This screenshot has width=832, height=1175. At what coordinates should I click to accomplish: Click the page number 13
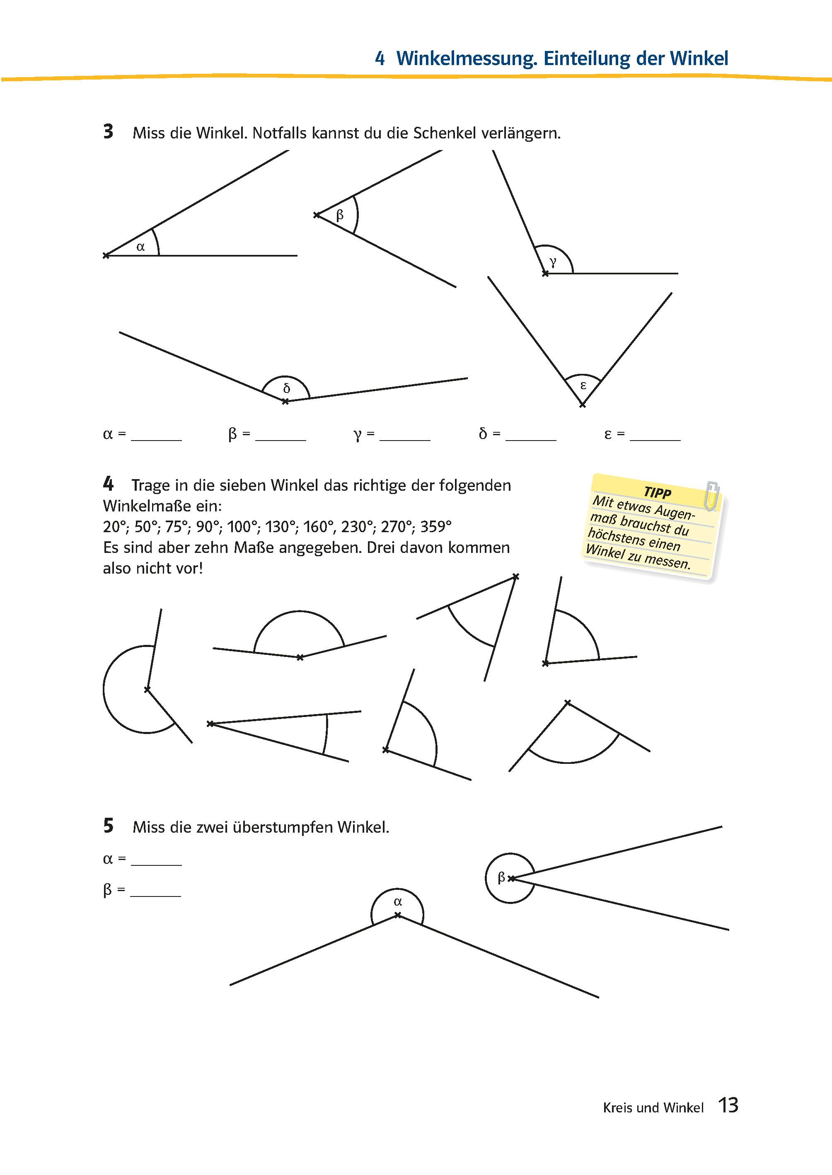point(728,1105)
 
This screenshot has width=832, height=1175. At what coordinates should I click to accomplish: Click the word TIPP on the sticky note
point(657,492)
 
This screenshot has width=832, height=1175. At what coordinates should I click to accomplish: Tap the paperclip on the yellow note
point(711,495)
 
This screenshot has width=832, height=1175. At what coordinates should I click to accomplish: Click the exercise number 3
point(108,132)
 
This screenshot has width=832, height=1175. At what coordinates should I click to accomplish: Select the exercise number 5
point(108,826)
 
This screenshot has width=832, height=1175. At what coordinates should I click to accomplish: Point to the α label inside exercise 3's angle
point(140,247)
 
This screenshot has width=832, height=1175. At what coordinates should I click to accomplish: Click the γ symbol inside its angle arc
point(553,262)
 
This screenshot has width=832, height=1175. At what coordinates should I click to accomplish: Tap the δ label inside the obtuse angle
point(286,388)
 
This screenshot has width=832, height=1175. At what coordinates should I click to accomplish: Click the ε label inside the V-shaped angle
point(583,385)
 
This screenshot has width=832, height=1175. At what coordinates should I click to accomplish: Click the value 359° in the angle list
point(435,527)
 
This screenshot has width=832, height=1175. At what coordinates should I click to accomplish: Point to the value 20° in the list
point(116,527)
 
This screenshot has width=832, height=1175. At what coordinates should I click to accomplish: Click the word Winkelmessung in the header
point(466,59)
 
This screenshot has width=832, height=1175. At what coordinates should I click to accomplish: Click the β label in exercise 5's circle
point(501,877)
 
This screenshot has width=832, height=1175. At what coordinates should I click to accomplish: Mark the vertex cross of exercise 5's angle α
point(397,915)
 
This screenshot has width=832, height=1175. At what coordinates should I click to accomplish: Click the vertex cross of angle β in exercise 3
point(317,215)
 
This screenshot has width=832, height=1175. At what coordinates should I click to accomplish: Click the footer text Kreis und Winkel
point(653,1108)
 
